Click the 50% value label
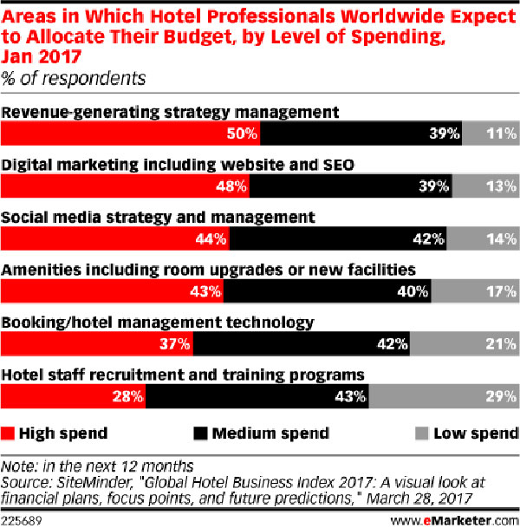coord(242,134)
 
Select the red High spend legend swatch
coord(8,433)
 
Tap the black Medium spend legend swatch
coord(200,433)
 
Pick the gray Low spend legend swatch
coord(422,433)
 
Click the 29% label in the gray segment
coord(501,397)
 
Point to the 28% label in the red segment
coord(127,397)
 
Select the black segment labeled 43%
coord(257,397)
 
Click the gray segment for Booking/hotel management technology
coord(465,344)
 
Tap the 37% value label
coord(175,344)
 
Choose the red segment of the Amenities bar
coord(112,291)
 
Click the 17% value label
coord(501,291)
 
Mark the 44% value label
coord(211,239)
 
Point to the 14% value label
coord(501,239)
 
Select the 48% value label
coord(231,186)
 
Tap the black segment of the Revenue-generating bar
coord(361,134)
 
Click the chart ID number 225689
coord(21,521)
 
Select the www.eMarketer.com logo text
coord(455,521)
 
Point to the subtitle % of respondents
coord(73,79)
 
